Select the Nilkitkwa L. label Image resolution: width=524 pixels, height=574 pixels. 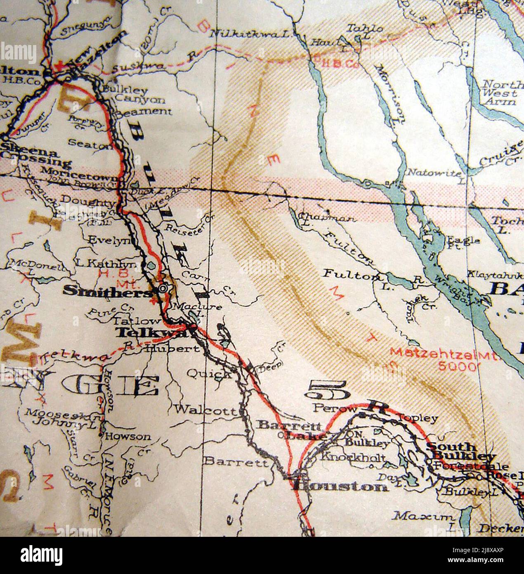tap(249, 34)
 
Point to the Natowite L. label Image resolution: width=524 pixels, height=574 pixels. tap(434, 174)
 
